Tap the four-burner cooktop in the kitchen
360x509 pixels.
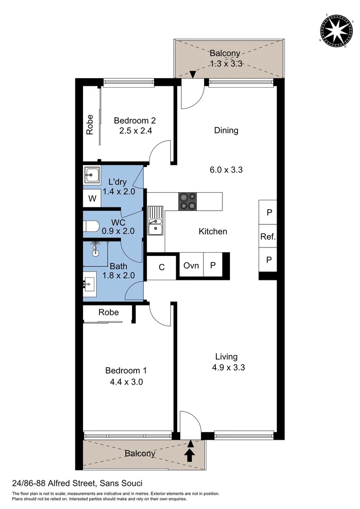188,201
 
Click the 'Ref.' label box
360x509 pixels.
268,237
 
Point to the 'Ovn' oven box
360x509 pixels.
191,266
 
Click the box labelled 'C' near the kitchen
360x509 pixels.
161,267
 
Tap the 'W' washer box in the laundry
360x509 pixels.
92,198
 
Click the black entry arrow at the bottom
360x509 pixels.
190,454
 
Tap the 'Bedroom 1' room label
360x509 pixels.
123,370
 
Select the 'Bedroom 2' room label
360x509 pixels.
135,121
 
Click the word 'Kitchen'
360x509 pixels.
213,231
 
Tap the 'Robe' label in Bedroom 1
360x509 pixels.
108,312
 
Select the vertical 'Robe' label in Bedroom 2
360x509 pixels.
90,125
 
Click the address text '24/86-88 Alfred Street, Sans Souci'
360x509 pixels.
77,483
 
